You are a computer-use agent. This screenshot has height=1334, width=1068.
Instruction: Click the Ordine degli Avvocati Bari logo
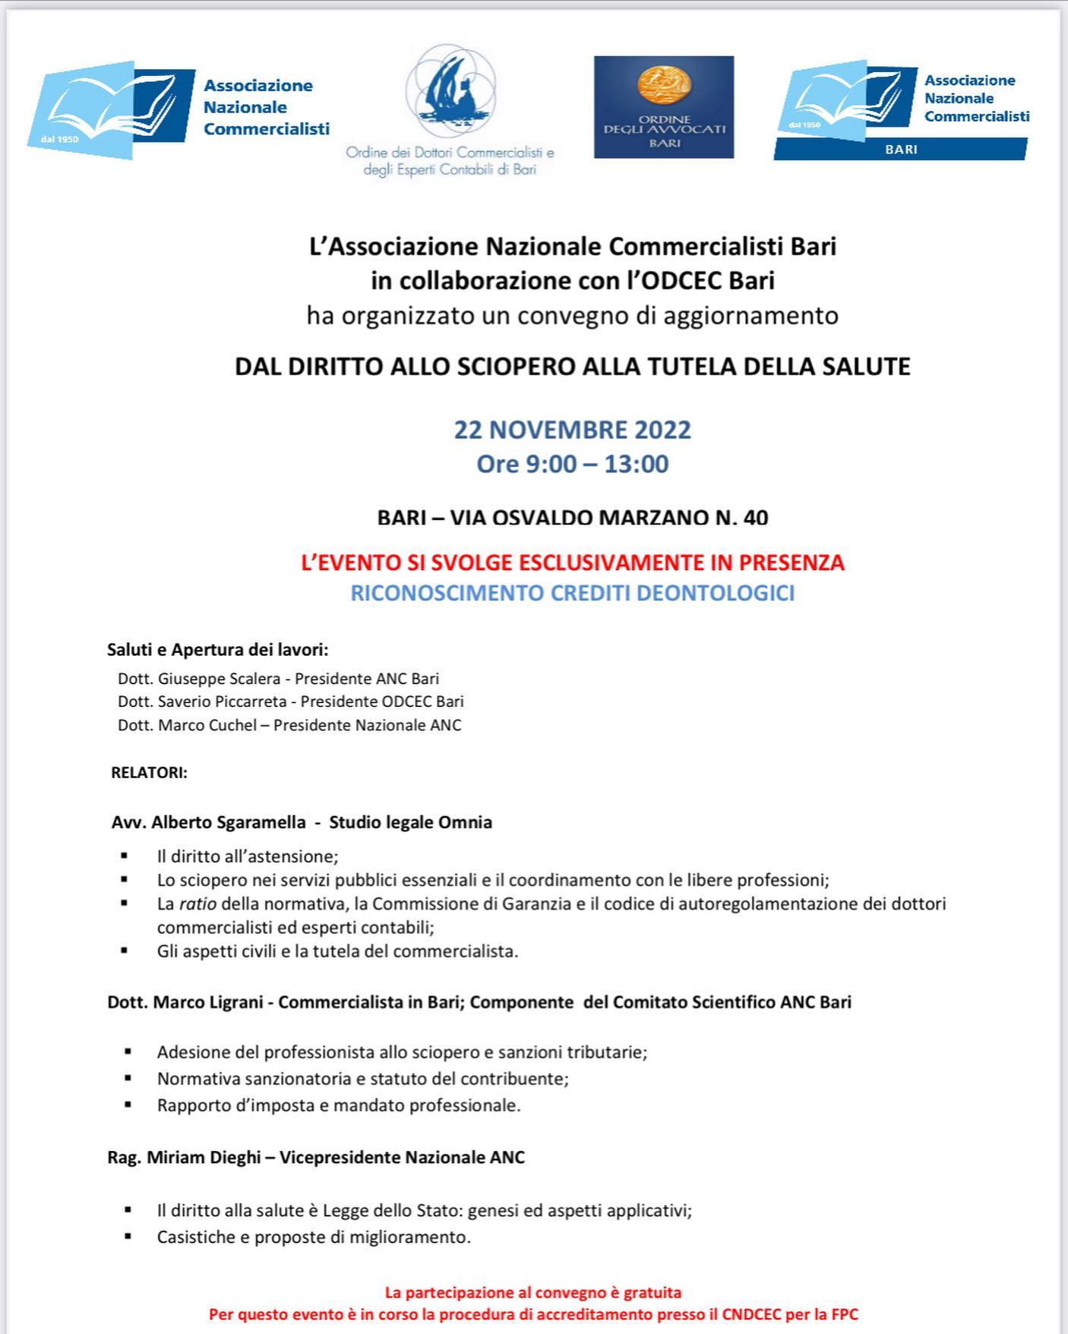click(663, 107)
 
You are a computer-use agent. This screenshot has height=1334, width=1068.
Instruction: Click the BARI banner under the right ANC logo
click(901, 150)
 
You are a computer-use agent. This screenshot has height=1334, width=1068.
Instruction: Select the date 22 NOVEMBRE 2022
click(572, 430)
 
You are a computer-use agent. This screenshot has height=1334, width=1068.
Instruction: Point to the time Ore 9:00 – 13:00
click(572, 464)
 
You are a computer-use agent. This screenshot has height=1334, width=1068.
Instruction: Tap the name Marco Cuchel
click(207, 725)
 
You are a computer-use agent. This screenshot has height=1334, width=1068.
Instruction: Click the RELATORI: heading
click(149, 773)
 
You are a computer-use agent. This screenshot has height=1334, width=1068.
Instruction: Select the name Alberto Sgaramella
click(228, 822)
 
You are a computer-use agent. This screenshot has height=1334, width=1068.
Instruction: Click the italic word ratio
click(197, 904)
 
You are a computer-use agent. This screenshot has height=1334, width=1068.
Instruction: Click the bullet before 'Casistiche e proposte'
click(128, 1237)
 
